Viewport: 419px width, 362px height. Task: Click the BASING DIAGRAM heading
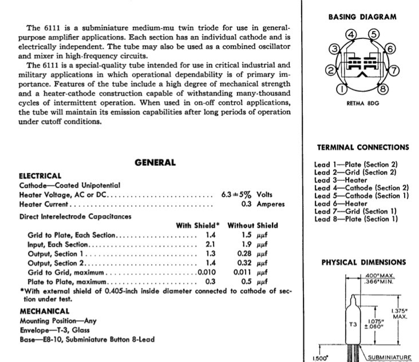pos(362,17)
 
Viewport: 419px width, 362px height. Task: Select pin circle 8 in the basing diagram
pos(383,89)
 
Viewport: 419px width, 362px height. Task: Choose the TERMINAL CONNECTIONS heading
pos(362,147)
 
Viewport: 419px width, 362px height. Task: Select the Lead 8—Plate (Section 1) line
pos(356,219)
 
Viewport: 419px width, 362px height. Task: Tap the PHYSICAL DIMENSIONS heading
pos(363,262)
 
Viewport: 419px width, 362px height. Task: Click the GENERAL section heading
pos(155,162)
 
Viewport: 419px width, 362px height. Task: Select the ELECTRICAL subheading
pos(40,176)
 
